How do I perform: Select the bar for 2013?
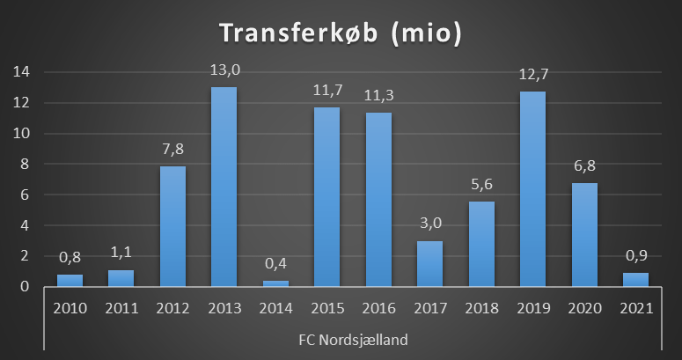tap(224, 187)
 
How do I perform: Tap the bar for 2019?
tap(532, 188)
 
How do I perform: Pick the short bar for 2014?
tap(275, 283)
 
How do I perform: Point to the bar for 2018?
tap(481, 244)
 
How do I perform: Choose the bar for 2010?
tap(70, 280)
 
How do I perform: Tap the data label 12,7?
tap(532, 74)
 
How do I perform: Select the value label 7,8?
tap(172, 149)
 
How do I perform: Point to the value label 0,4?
tap(275, 263)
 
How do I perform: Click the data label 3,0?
tap(429, 223)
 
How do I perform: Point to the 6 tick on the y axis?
tap(28, 195)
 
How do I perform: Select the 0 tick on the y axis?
tap(28, 287)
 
